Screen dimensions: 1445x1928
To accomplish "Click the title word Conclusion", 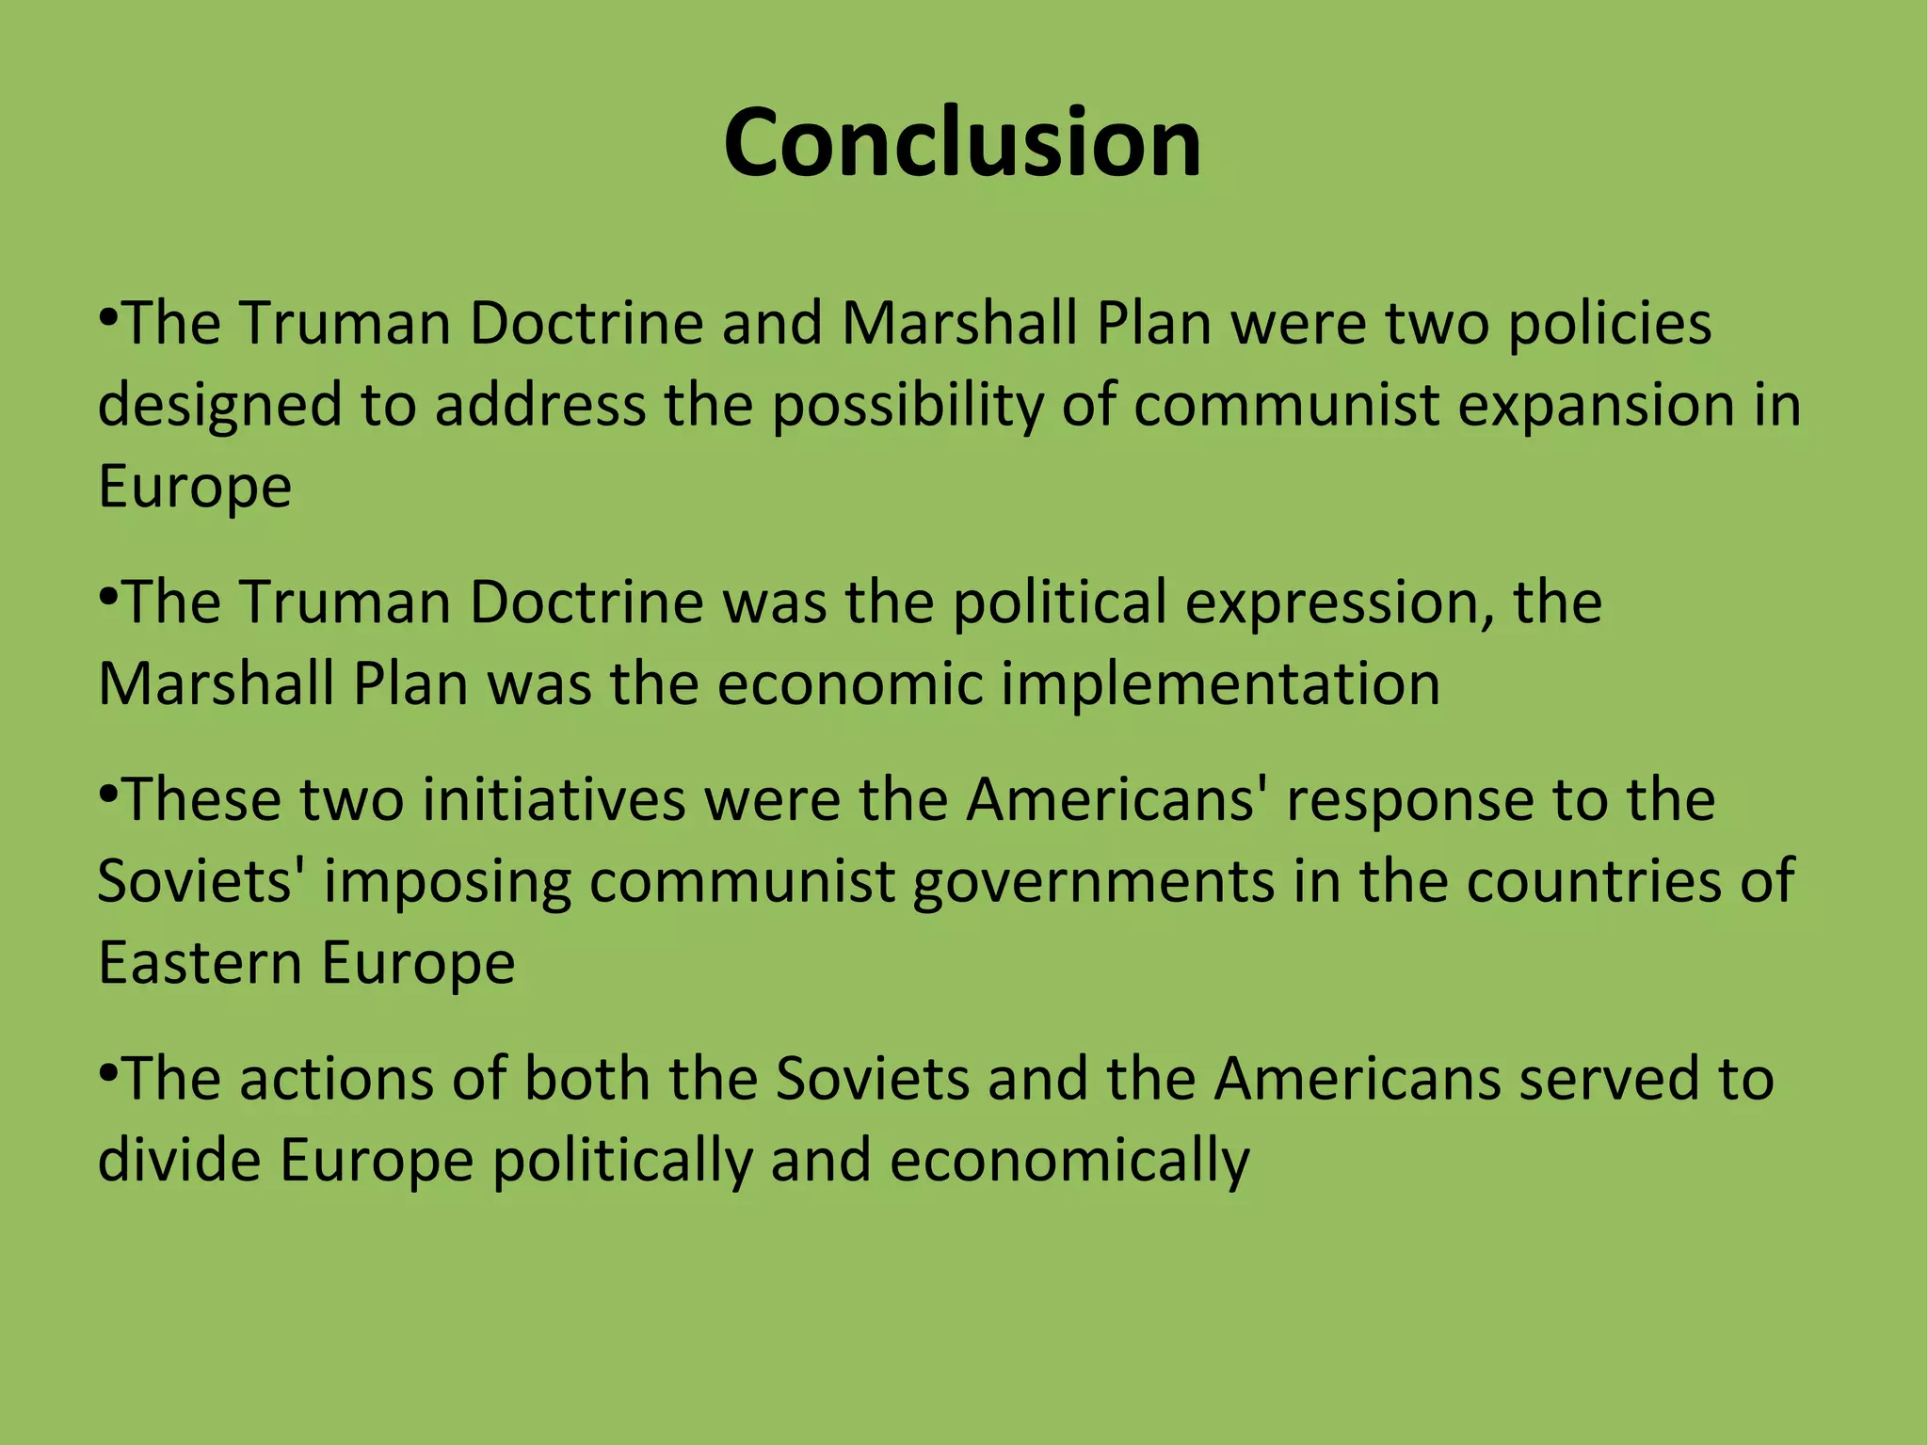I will pos(962,143).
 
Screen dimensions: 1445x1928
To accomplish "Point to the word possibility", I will pos(908,407).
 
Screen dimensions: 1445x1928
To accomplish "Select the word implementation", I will pos(1220,683).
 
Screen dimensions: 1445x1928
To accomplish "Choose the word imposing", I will pos(447,883).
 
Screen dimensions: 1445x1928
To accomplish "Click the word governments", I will pos(1093,883).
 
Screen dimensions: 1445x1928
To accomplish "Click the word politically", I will pos(622,1162).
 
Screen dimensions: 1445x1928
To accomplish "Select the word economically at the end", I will pos(1068,1162).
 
